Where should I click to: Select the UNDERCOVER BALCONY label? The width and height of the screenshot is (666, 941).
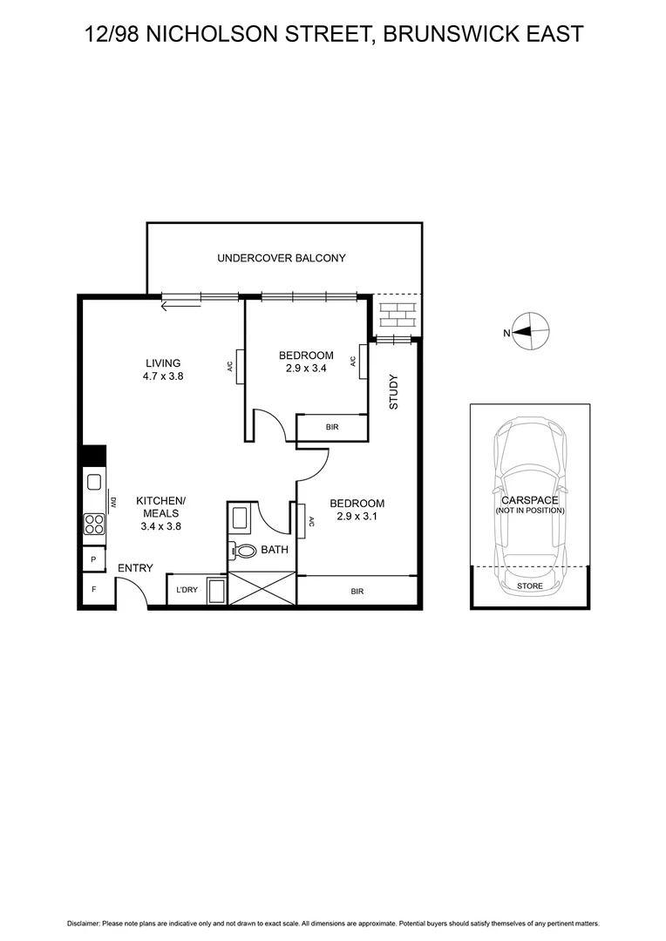tap(281, 258)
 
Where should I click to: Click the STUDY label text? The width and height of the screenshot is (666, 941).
tap(393, 392)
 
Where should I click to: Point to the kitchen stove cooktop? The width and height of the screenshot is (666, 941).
tap(93, 524)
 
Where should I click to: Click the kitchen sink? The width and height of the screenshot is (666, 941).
tap(93, 482)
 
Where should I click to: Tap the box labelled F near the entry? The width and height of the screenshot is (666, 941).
tap(92, 590)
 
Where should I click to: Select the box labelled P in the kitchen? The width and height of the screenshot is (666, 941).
tap(92, 559)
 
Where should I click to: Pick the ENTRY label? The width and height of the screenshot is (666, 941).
tap(135, 568)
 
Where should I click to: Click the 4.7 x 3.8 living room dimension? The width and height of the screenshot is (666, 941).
tap(163, 376)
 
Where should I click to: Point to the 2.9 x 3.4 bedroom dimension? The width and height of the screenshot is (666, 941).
tap(306, 369)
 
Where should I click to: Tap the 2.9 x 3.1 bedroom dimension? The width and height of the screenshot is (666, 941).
tap(357, 517)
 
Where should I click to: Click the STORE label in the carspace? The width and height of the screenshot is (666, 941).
tap(529, 586)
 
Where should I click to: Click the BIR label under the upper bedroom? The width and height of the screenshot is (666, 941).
tap(331, 428)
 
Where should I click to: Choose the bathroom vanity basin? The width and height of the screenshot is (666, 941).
tap(240, 520)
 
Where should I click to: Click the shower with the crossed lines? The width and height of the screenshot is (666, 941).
tap(262, 588)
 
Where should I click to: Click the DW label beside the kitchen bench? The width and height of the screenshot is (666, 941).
tap(113, 503)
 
